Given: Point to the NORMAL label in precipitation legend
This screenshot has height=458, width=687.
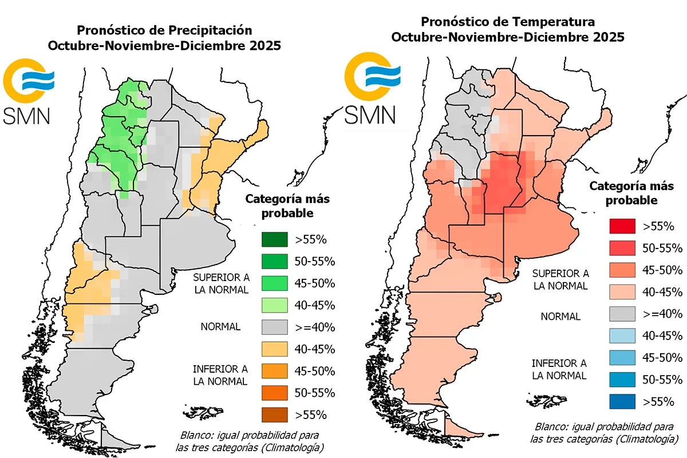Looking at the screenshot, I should (220, 327).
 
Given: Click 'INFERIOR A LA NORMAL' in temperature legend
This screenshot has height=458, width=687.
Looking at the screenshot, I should (559, 369).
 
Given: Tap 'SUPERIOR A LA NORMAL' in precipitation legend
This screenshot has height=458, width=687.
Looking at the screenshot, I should (221, 283).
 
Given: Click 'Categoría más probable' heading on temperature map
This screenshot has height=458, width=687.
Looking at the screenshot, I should (631, 193).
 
